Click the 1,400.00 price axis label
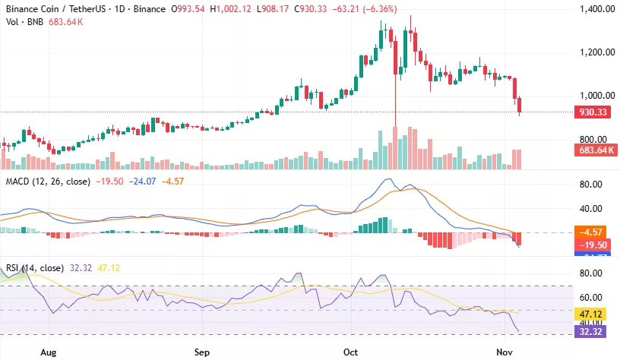[x=592, y=9]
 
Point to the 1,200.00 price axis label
[x=592, y=52]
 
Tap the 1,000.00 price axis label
[x=592, y=96]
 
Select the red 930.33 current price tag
[x=592, y=112]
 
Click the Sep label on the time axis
[x=201, y=352]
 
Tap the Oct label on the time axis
[x=350, y=352]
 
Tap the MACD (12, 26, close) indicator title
[x=48, y=182]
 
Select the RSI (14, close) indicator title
[x=36, y=267]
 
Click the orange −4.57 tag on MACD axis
[x=592, y=232]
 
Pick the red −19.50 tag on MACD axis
[x=592, y=245]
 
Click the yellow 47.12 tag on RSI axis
[x=592, y=314]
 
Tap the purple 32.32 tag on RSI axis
[x=592, y=331]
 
